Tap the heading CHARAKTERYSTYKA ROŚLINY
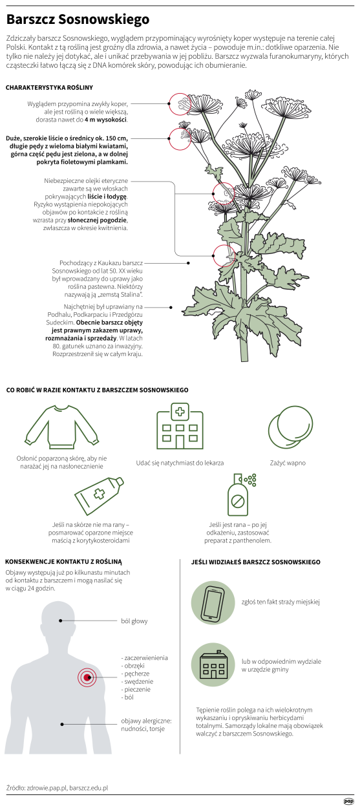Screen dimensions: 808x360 [50, 87]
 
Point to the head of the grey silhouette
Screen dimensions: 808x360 [60, 622]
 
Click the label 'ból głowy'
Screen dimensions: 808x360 [134, 621]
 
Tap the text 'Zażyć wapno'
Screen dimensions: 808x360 [288, 463]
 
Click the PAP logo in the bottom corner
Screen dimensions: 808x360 [348, 801]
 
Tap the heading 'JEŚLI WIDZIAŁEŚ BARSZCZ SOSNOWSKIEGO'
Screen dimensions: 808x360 [256, 562]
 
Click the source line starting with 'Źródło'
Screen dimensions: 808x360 [57, 788]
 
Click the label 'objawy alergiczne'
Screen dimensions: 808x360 [146, 721]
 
